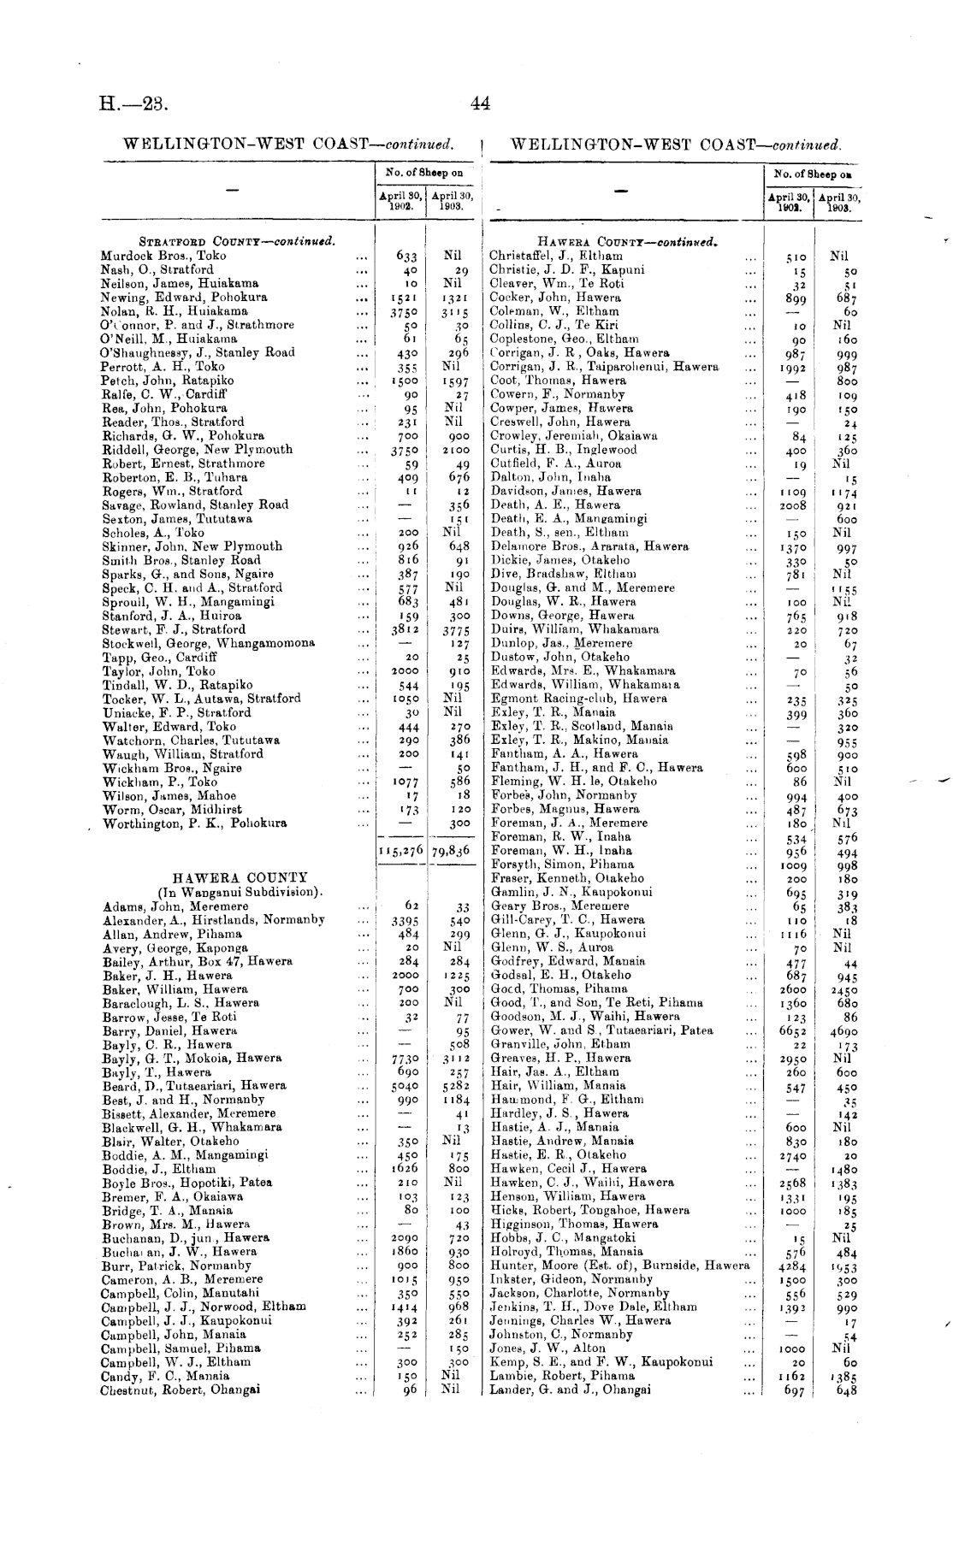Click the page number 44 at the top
pos(479,104)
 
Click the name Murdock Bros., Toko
pos(163,255)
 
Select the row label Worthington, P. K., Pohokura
pos(195,823)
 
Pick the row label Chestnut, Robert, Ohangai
pos(181,1390)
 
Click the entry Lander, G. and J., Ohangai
pos(570,1390)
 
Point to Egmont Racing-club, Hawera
pos(579,699)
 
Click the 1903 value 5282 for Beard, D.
pos(453,1087)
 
